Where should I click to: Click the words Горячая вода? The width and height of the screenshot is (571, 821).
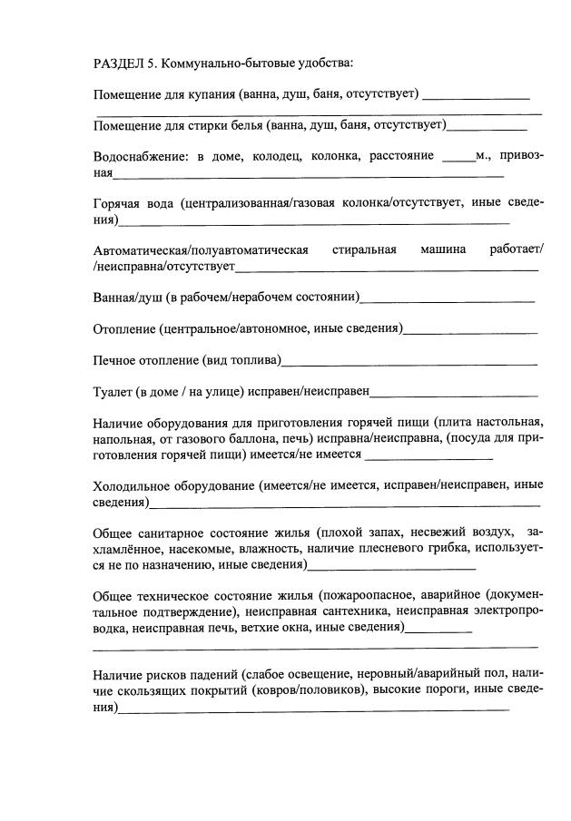coord(134,203)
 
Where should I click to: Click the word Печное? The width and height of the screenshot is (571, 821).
coord(114,360)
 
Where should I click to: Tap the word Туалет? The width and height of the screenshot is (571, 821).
coord(113,392)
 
